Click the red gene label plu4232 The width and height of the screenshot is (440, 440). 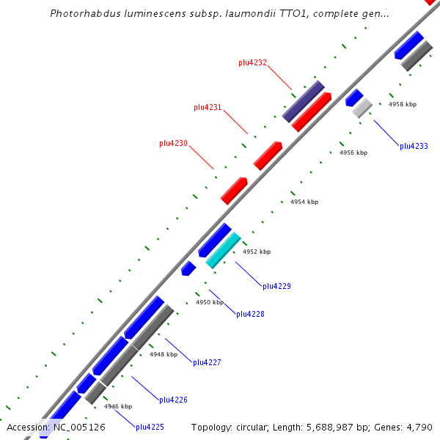252,63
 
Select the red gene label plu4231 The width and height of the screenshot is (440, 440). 208,107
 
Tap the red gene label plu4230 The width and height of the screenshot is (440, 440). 174,143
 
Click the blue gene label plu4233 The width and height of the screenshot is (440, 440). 414,147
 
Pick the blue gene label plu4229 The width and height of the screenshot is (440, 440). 276,286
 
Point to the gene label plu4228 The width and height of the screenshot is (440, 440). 250,314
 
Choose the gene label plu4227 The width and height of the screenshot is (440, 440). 207,362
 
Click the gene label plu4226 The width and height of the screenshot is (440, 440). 173,400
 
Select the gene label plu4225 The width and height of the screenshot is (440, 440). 150,427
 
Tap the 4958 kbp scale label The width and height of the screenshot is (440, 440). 403,104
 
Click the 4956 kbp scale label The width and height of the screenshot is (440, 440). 353,153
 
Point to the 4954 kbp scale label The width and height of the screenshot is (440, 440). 304,202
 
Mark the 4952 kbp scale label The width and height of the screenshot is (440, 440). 257,252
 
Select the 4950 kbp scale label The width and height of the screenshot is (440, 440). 209,302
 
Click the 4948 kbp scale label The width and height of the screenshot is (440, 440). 164,354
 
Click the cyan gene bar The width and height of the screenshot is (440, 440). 223,250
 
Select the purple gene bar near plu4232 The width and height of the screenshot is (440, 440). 303,101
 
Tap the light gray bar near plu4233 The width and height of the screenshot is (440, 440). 362,109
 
